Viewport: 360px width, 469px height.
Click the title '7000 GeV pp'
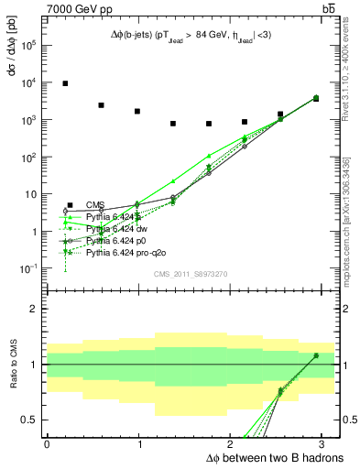point(73,7)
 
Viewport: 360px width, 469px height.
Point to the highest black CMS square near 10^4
point(65,83)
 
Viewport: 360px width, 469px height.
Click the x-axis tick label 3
point(322,443)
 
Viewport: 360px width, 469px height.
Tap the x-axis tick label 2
point(231,443)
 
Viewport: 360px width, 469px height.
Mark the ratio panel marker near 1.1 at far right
point(316,355)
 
